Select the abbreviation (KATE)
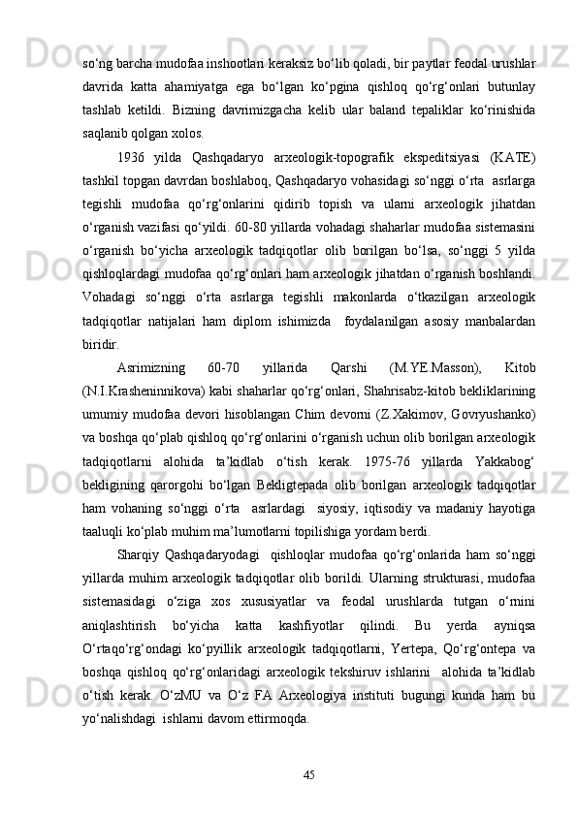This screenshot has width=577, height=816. (511, 157)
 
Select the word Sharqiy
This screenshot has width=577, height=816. (137, 552)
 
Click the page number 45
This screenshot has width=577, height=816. (309, 772)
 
